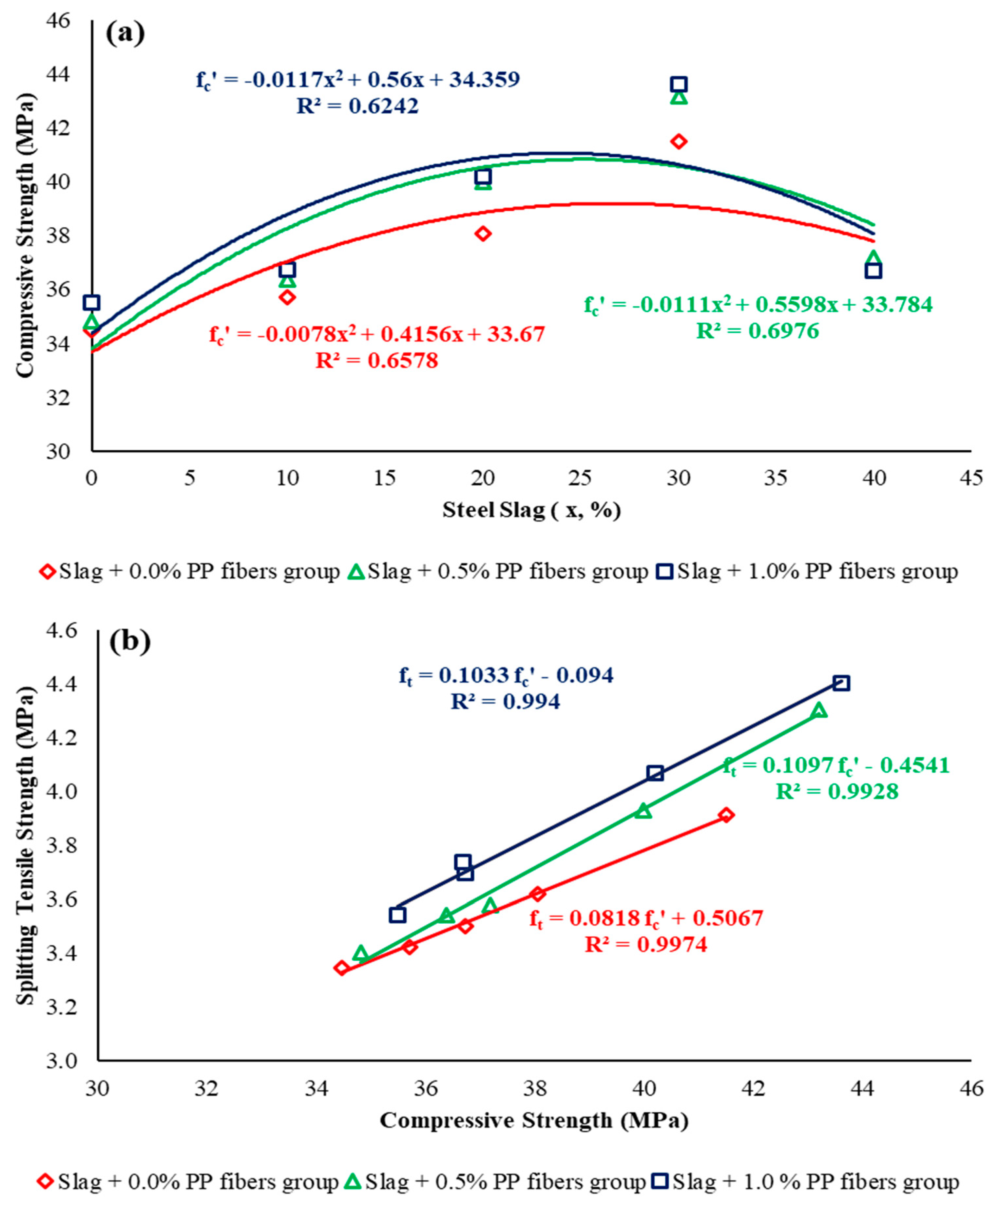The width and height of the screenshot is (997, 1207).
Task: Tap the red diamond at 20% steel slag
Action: coord(483,233)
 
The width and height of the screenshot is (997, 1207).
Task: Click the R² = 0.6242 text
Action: coord(357,106)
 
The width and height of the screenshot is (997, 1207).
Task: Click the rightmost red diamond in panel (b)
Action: coord(726,815)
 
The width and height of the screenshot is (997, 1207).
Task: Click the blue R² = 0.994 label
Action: coord(505,701)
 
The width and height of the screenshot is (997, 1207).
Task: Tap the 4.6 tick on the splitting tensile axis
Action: coord(62,631)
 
